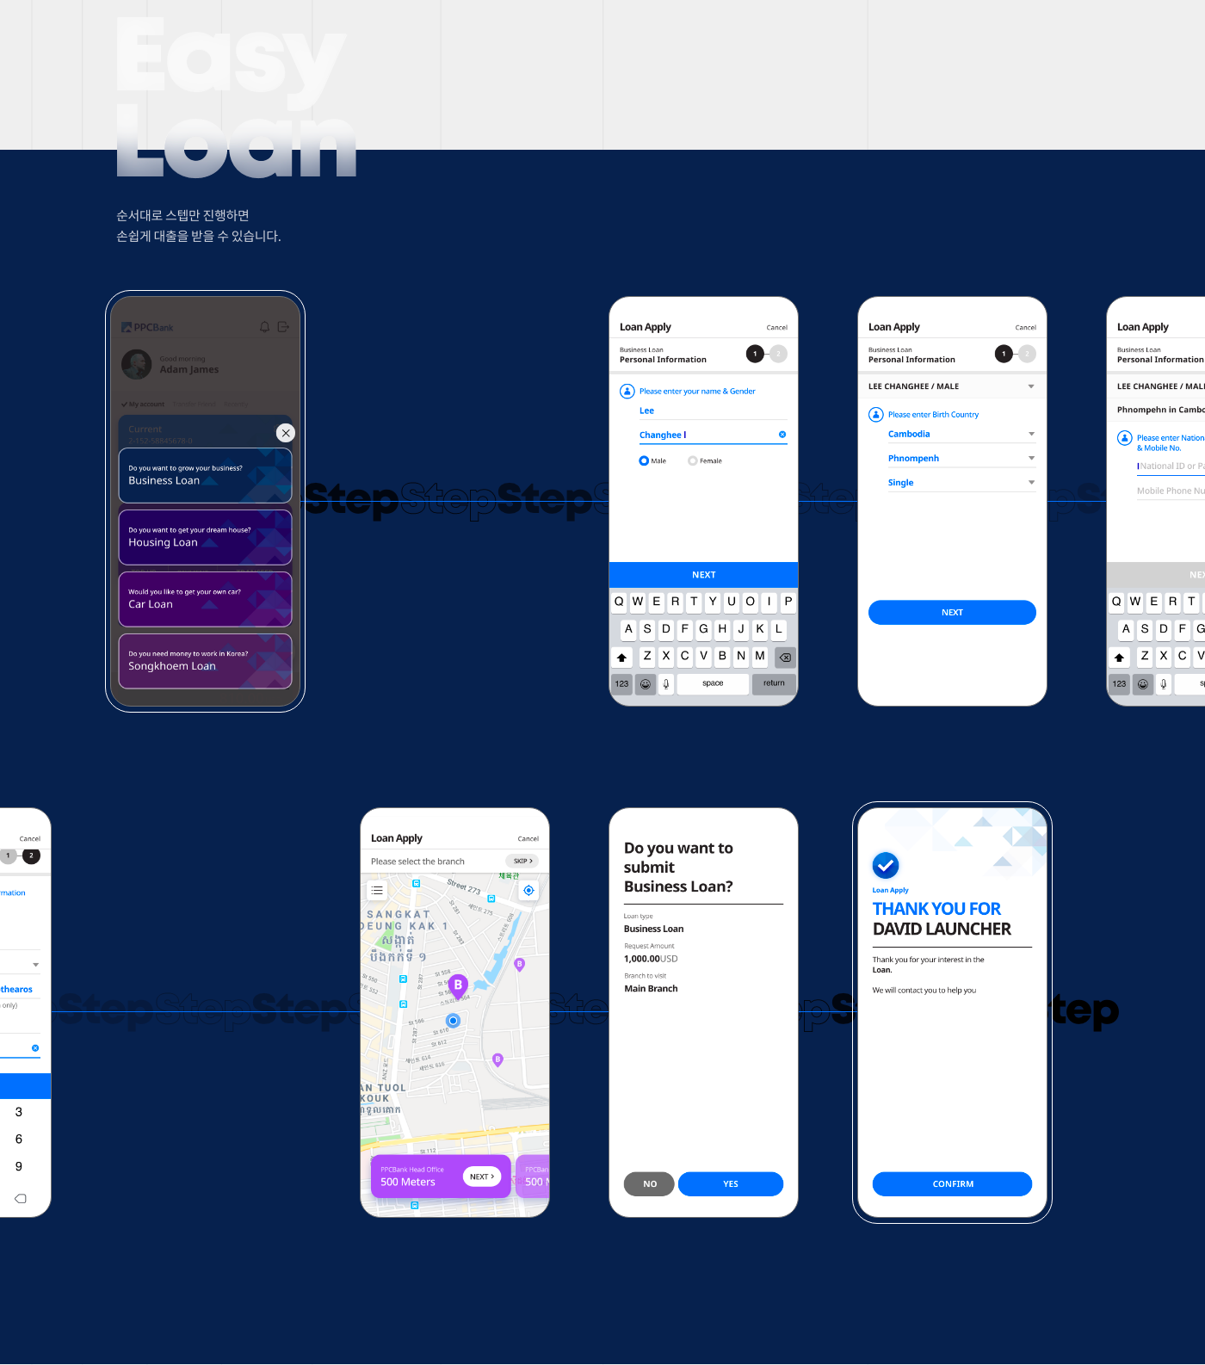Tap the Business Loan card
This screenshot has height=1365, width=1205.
205,475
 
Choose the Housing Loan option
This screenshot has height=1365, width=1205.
205,537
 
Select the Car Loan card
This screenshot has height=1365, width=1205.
205,599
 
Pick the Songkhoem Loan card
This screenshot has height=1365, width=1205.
205,661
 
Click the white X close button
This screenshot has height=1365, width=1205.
286,433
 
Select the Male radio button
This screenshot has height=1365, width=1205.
644,461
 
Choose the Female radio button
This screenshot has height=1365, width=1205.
693,461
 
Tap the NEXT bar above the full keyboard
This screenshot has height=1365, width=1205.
703,575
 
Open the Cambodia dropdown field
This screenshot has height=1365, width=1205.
961,435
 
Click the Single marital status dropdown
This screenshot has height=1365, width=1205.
961,483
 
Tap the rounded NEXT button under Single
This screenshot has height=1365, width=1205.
952,613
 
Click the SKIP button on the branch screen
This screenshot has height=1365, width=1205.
522,862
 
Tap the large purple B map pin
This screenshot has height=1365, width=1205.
458,985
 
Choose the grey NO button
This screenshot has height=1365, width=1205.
650,1184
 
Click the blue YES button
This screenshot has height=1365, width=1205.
731,1184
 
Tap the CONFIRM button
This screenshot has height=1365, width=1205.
952,1184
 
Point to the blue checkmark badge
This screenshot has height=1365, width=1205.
886,865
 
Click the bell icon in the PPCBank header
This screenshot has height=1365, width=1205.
265,327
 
